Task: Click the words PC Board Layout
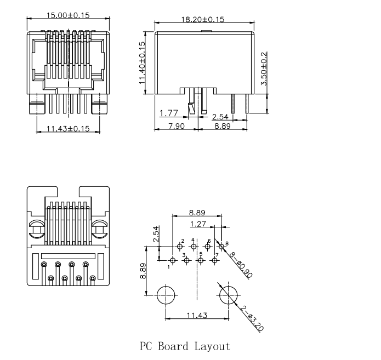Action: (185, 346)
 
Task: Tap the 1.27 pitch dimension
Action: (197, 224)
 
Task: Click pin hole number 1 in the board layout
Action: (173, 260)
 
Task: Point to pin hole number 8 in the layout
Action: (221, 247)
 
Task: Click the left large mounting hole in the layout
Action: (165, 295)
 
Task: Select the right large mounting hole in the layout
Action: (228, 295)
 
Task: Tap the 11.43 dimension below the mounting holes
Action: (196, 315)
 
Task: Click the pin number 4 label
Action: (192, 240)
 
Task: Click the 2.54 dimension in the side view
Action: (220, 117)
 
